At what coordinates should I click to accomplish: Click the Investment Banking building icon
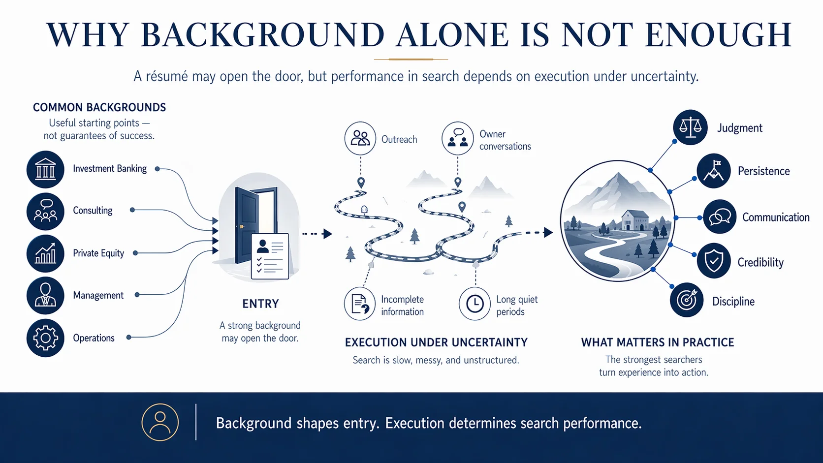point(45,169)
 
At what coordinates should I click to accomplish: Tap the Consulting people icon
point(45,212)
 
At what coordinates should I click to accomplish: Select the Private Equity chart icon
point(45,254)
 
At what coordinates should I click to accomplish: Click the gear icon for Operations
point(45,338)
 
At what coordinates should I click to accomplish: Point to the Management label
point(98,295)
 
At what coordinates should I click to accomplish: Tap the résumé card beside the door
point(270,256)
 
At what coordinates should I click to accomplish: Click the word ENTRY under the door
point(260,304)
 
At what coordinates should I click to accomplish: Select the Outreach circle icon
point(360,139)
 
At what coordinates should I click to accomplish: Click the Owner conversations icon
point(457,139)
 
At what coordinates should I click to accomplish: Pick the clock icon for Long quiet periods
point(475,304)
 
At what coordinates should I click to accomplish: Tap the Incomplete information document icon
point(360,304)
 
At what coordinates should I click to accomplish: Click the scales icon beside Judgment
point(690,127)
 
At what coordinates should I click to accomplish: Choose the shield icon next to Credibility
point(714,261)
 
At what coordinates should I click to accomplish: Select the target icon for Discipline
point(687,300)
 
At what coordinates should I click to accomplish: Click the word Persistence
point(763,171)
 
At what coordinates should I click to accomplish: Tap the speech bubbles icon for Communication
point(720,216)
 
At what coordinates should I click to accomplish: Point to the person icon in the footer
point(160,422)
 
